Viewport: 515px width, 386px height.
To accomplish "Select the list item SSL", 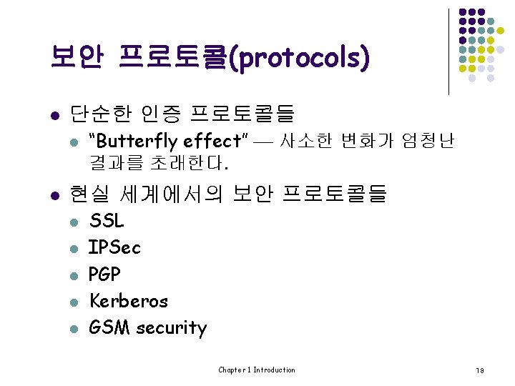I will click(107, 221).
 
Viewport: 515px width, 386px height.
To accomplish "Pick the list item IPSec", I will click(114, 247).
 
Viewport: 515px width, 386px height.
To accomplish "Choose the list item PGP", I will click(104, 274).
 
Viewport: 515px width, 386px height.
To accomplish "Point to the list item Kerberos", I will click(128, 300).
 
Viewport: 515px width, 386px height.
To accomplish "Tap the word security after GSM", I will click(171, 328).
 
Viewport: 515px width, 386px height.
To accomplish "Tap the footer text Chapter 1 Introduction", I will click(257, 370).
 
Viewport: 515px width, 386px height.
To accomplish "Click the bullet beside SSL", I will click(73, 222).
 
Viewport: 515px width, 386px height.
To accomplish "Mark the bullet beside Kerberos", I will click(73, 302).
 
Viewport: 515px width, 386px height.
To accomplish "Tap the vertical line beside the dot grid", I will click(448, 51).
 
